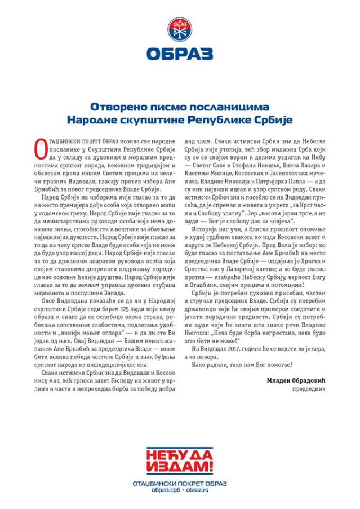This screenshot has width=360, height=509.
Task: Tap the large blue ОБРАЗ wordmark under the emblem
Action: [x=180, y=54]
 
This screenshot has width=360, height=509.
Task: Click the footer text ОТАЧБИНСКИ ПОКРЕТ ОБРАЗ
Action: [x=180, y=483]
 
